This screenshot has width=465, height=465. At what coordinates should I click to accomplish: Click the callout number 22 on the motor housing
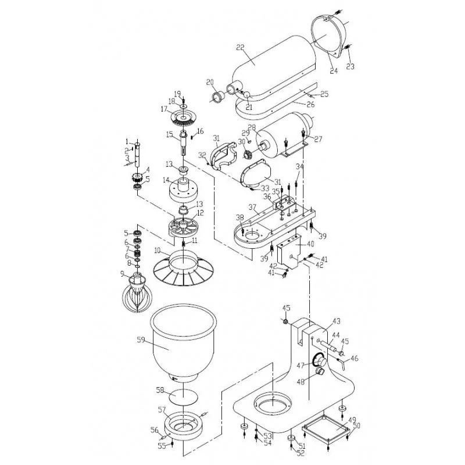[x=240, y=47]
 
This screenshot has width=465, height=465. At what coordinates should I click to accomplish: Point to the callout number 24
[x=334, y=71]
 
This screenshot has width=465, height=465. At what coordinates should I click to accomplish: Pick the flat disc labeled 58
[x=183, y=396]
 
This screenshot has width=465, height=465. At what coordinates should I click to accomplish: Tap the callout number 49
[x=352, y=420]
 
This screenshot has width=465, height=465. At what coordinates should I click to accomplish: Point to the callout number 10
[x=158, y=251]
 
